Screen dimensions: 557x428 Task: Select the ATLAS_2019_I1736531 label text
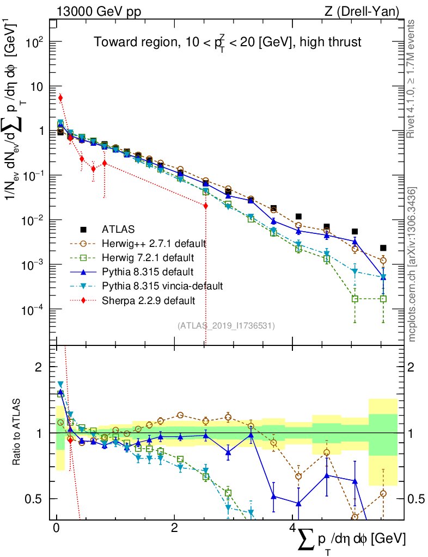226,326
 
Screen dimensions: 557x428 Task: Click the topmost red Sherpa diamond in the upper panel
60,98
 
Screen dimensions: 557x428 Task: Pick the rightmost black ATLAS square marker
383,248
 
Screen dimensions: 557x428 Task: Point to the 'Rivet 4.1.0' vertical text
412,79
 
